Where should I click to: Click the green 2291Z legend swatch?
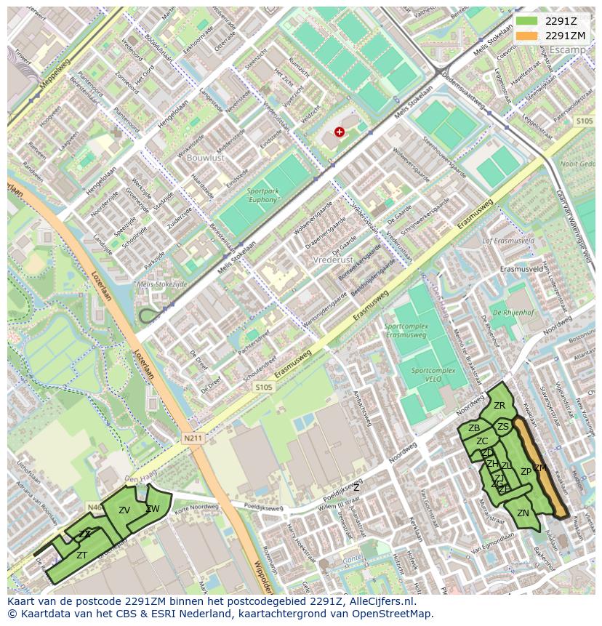[x=527, y=21]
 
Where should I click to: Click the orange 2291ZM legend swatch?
[x=527, y=36]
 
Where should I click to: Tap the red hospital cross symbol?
[x=340, y=132]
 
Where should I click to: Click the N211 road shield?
[x=193, y=438]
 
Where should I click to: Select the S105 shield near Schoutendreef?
[x=264, y=388]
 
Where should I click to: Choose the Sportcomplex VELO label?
[x=433, y=374]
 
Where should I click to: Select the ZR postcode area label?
[x=499, y=406]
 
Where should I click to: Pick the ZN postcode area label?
[x=523, y=513]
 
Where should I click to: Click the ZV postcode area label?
[x=124, y=510]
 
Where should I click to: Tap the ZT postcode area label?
[x=82, y=555]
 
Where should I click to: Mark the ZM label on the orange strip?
[x=539, y=468]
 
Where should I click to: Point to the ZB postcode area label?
[x=474, y=428]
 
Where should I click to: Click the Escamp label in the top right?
[x=567, y=50]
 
